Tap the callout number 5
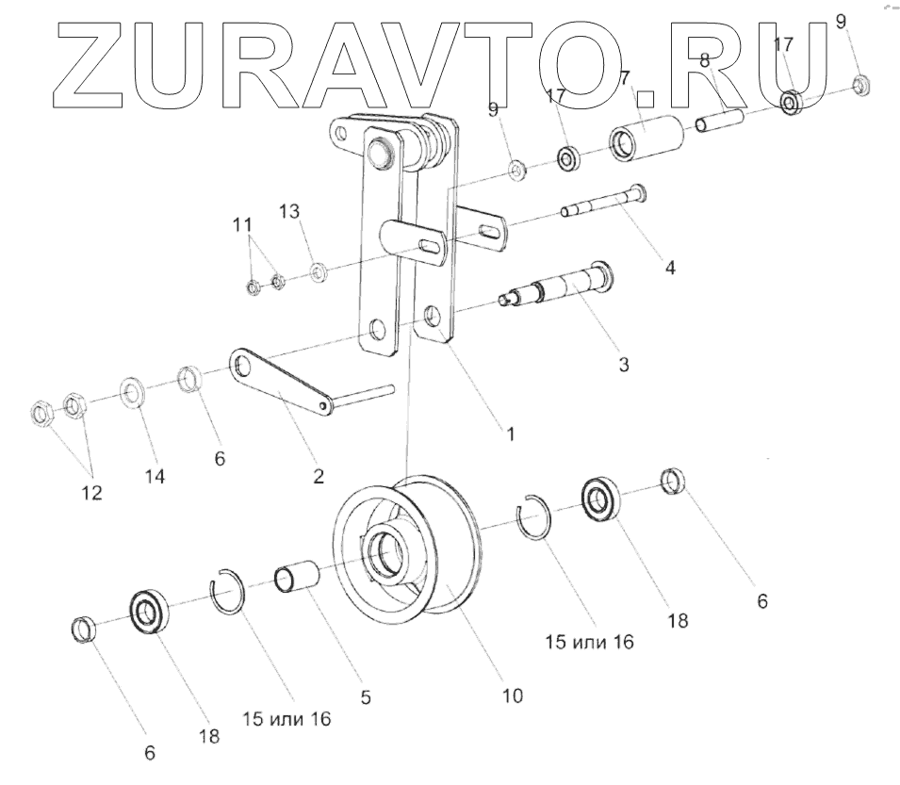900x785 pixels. (x=366, y=697)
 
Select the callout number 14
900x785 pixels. (x=155, y=477)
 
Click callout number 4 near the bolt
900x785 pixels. (x=669, y=267)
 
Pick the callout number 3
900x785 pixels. (x=623, y=363)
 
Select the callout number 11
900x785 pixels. (x=243, y=225)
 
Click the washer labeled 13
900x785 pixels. (x=319, y=272)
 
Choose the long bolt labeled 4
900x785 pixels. (x=603, y=201)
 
